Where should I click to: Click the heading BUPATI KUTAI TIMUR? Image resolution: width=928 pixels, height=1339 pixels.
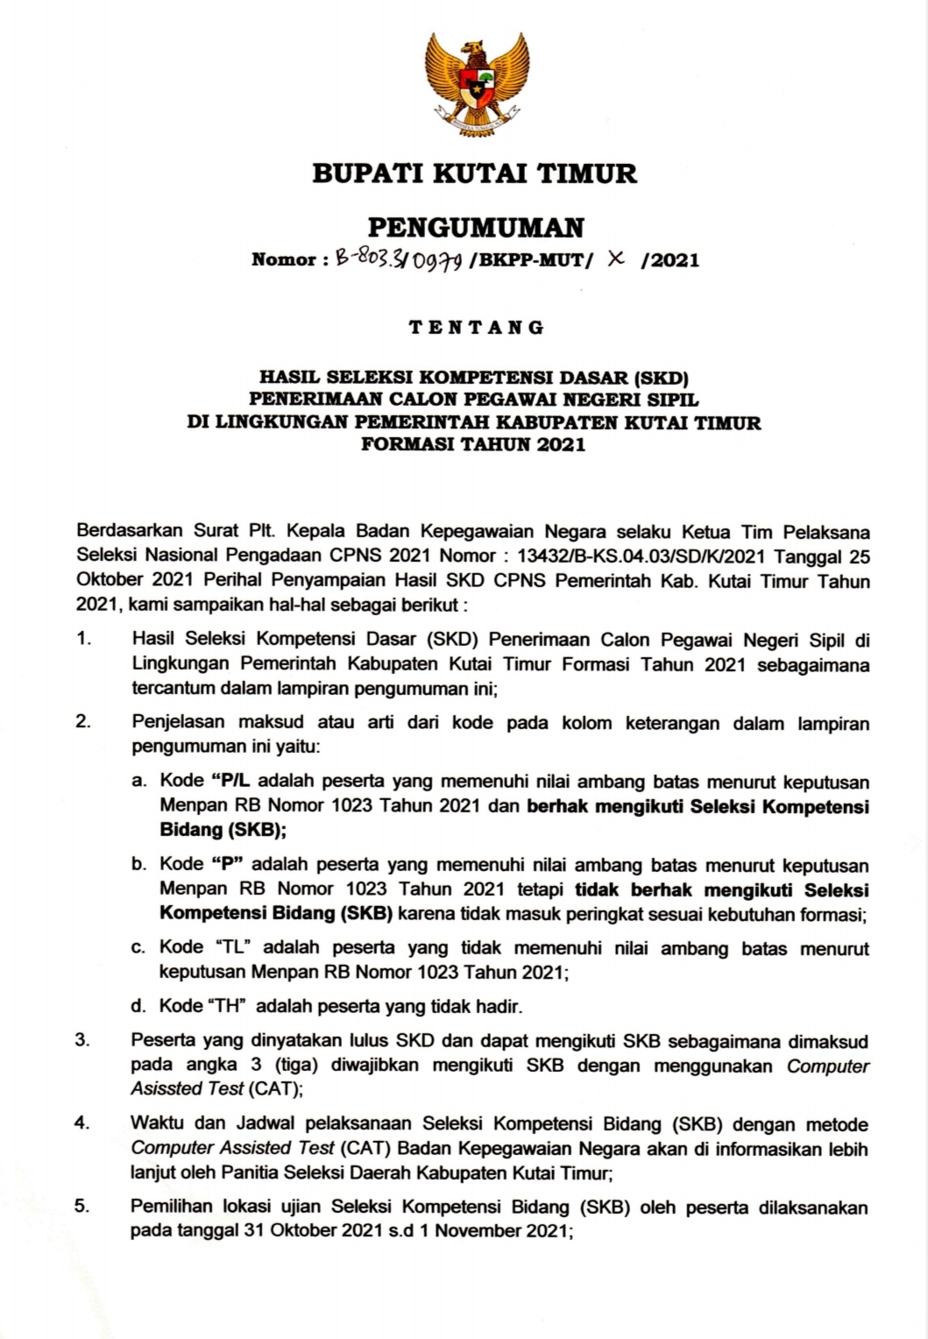(474, 173)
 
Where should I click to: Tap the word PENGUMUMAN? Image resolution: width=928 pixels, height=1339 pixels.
(474, 227)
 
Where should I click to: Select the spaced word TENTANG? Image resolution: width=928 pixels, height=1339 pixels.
(476, 328)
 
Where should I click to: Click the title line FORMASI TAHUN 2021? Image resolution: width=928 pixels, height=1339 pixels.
(474, 444)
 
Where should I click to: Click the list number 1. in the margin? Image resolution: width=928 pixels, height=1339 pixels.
(84, 640)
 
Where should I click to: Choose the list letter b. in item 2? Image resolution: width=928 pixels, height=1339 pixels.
(139, 865)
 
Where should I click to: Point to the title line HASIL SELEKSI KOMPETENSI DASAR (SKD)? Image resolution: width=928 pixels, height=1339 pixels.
(474, 379)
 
